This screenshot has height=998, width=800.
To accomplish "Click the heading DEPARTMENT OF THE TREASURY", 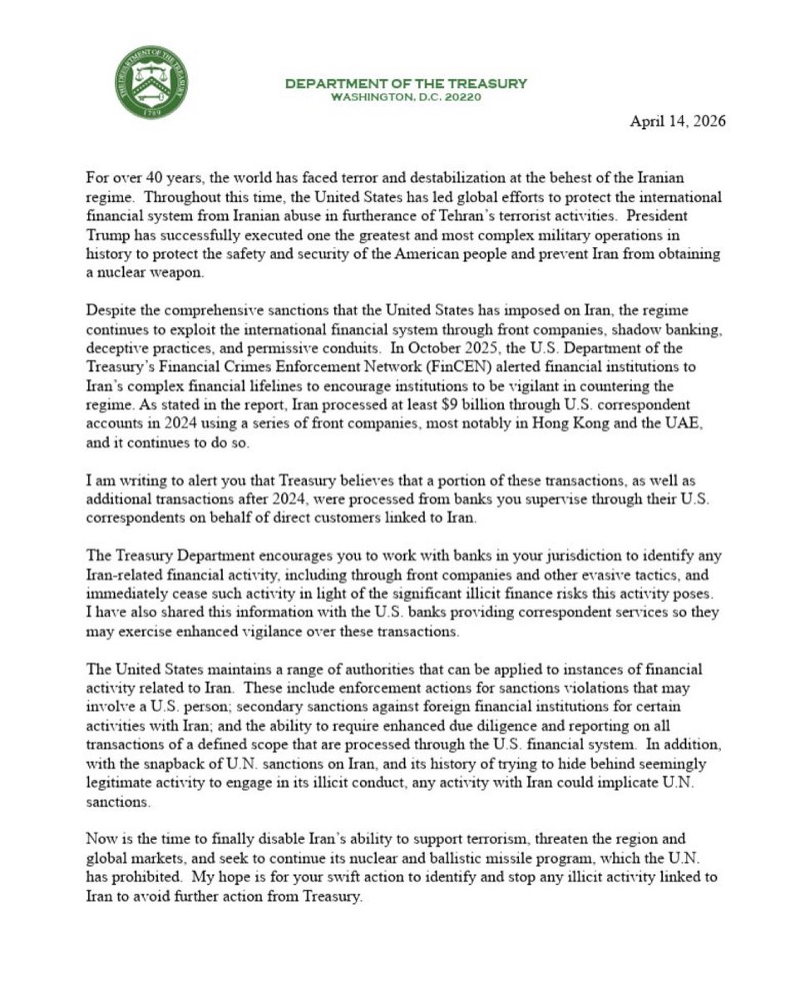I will [406, 83].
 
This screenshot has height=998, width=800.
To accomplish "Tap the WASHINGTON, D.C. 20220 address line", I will [406, 96].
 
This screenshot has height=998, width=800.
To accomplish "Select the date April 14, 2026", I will [677, 121].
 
